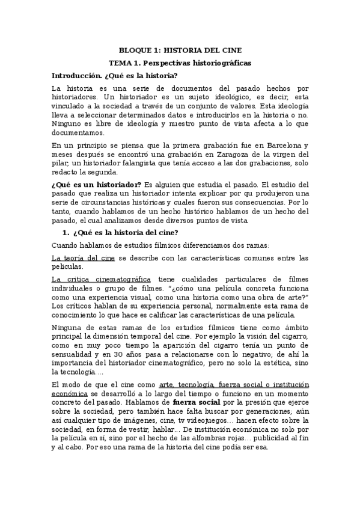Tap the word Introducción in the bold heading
tap(76, 76)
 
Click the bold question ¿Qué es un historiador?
tap(97, 183)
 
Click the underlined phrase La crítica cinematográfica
tap(101, 280)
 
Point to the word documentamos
tap(78, 132)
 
